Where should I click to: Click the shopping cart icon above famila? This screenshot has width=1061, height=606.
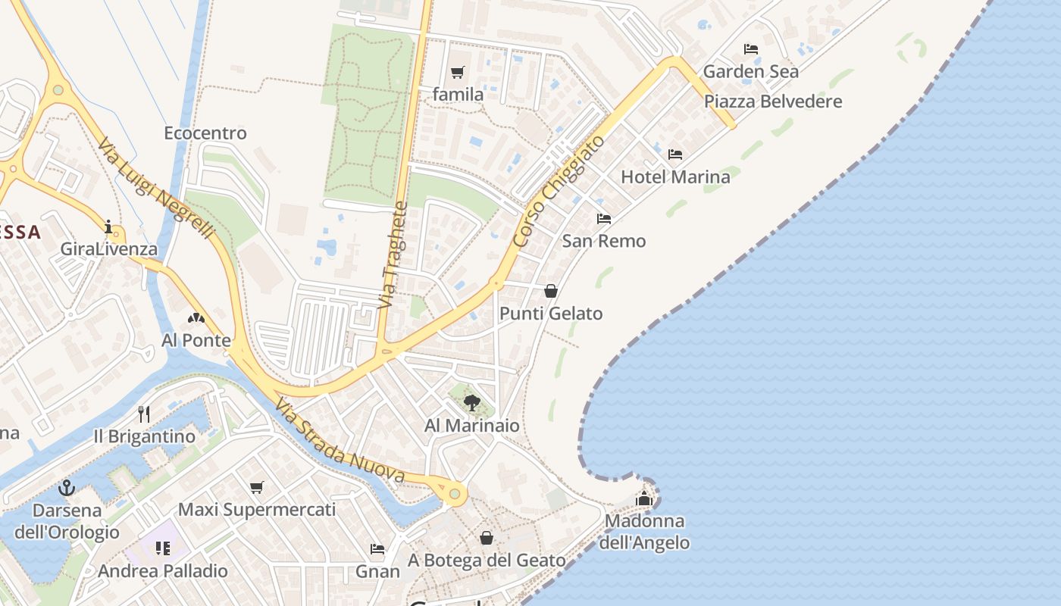click(x=457, y=73)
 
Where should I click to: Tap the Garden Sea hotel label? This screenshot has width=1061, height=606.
click(x=750, y=72)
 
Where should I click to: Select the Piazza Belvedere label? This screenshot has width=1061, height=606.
click(x=773, y=102)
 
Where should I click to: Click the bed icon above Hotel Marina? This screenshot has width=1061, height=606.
click(x=675, y=155)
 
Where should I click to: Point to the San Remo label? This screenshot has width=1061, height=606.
click(x=604, y=241)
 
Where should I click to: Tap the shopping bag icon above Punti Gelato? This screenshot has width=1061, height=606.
click(x=551, y=291)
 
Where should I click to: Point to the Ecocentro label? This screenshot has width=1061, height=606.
click(x=205, y=133)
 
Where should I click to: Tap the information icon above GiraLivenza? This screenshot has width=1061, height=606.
click(x=108, y=226)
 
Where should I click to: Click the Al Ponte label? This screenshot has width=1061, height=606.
click(x=196, y=340)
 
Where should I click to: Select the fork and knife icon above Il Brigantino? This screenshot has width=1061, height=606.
click(x=144, y=414)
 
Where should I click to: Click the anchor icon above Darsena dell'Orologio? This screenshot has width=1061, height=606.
click(x=67, y=487)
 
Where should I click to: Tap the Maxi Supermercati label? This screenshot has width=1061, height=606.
click(x=256, y=509)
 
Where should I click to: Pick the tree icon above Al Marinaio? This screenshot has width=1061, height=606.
click(x=472, y=402)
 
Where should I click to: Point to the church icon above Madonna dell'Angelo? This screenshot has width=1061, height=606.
click(x=644, y=498)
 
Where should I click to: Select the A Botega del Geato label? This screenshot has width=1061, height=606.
click(x=487, y=561)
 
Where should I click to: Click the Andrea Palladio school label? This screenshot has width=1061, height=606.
click(x=163, y=570)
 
